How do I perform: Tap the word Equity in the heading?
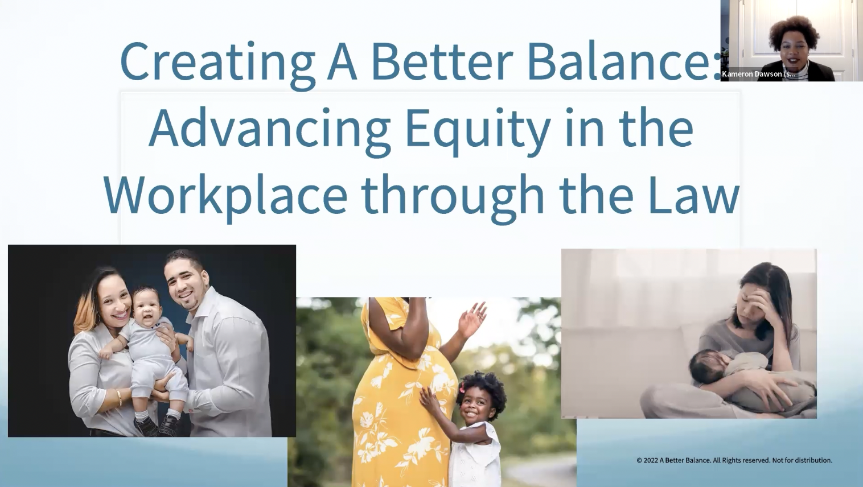[x=478, y=129]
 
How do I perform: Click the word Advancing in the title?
[x=270, y=129]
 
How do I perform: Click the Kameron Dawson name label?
[x=758, y=74]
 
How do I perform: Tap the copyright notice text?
[x=734, y=460]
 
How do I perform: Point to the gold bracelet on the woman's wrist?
[x=118, y=397]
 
